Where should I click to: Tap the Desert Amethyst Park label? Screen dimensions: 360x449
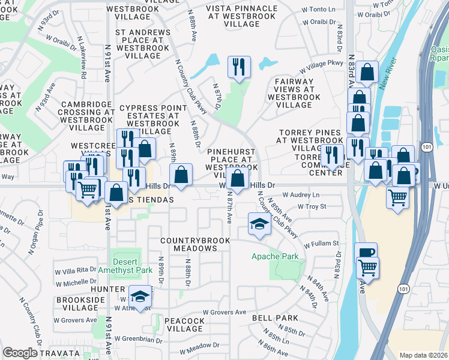[133, 266]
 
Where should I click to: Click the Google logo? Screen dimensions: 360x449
[20, 353]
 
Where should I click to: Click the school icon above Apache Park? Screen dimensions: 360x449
[259, 225]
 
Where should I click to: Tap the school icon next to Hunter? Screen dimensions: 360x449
[140, 298]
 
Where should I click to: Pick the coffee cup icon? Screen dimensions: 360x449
[365, 254]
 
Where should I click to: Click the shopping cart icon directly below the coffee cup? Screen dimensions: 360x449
[367, 267]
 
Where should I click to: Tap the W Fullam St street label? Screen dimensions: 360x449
[321, 244]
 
